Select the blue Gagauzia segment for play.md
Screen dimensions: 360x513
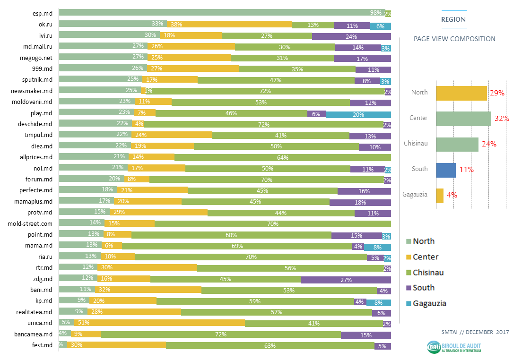pos(358,114)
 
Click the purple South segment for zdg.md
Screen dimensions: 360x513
pos(346,279)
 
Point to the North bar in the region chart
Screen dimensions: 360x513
pos(461,93)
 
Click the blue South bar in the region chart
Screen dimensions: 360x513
pos(446,170)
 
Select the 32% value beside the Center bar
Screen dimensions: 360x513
pos(501,118)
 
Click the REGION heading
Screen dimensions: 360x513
pos(453,19)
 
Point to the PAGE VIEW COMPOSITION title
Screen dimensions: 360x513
pos(454,39)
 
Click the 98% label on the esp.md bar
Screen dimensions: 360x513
pos(376,13)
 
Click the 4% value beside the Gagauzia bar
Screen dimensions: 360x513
pos(452,195)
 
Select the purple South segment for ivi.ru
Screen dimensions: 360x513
pos(351,36)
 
